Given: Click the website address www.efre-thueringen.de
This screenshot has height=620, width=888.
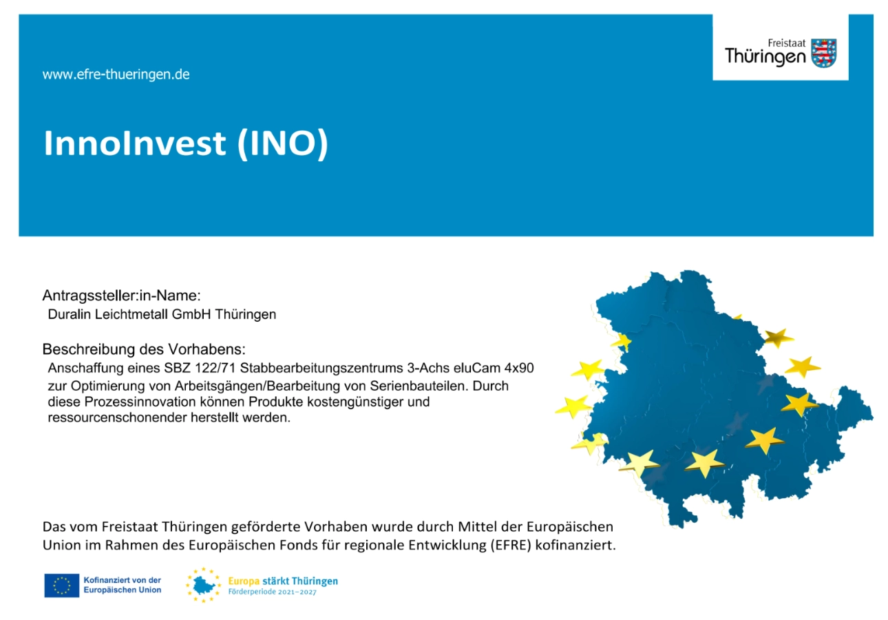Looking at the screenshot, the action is pos(116,74).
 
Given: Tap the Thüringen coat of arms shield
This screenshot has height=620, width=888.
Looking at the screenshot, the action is pos(824,53).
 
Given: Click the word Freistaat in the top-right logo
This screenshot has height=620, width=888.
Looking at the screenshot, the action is pos(787,43).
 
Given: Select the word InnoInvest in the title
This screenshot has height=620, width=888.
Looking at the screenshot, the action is pos(135,143).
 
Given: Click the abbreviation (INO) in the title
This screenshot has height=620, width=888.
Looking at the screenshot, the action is pos(283,143).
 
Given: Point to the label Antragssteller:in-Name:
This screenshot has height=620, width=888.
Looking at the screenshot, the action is pos(122,296).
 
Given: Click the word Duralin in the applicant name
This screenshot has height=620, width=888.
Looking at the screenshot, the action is pos(70,314).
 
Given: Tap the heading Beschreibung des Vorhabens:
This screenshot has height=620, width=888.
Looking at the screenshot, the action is pos(144,349).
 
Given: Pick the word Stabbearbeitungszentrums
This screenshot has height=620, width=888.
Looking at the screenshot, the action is pos(321,369).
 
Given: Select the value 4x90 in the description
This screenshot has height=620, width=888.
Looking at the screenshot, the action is pos(519,368).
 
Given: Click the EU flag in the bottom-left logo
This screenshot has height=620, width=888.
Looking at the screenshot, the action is pos(62,586).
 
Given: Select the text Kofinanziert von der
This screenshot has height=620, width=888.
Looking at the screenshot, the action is pos(122,580).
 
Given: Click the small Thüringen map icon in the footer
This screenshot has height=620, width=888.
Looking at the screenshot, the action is pos(203,585).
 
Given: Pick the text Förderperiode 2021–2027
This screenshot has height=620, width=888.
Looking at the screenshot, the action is pos(273,592).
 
